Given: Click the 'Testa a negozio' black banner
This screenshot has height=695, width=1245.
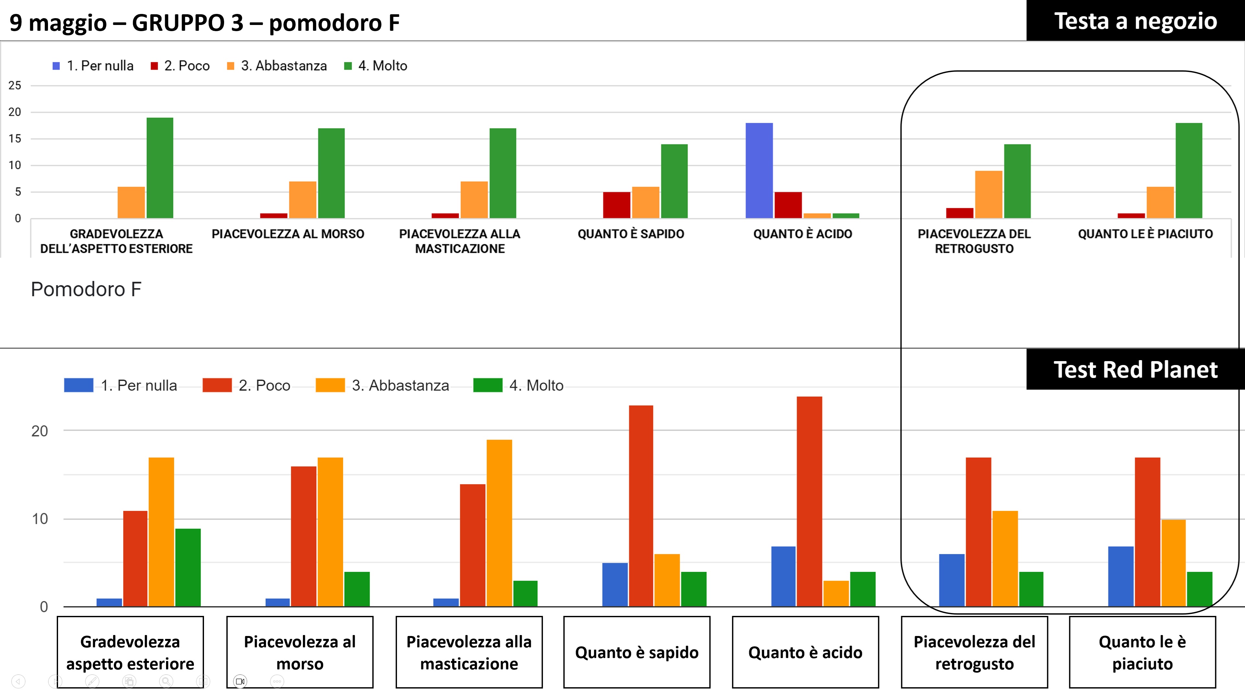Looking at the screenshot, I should pos(1135,21).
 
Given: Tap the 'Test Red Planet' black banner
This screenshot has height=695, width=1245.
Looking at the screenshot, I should pos(1135,370).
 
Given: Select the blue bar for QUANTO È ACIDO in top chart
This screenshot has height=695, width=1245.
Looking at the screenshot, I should pos(759,171).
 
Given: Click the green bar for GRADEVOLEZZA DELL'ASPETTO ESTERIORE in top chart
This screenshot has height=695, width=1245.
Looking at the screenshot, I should pos(160,168).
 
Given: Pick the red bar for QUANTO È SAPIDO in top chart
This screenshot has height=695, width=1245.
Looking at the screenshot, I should pos(616,205).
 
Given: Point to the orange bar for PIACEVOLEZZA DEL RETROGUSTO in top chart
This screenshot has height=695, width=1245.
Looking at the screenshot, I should pos(988,194).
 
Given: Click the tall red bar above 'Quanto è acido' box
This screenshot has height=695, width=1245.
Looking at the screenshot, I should pos(809,501).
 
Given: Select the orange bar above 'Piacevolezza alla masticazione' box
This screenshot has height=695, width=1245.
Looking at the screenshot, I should pos(499,523).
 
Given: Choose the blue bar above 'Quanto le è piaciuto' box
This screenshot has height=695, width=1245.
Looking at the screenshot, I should pos(1120,576).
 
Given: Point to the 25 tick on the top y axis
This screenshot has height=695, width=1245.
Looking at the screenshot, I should pos(15,86).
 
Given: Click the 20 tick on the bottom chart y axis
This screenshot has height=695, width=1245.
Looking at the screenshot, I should pos(40,431).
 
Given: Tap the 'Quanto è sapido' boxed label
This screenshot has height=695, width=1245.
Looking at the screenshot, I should pos(637,653).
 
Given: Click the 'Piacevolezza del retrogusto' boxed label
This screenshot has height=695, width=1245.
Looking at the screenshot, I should pos(974,653).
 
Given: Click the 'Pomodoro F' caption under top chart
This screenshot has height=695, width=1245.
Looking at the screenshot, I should pos(86,289).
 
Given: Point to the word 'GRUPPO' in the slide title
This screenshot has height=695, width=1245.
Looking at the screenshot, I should pos(187,23).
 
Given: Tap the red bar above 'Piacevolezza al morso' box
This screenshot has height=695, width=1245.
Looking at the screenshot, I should pos(304,536).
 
